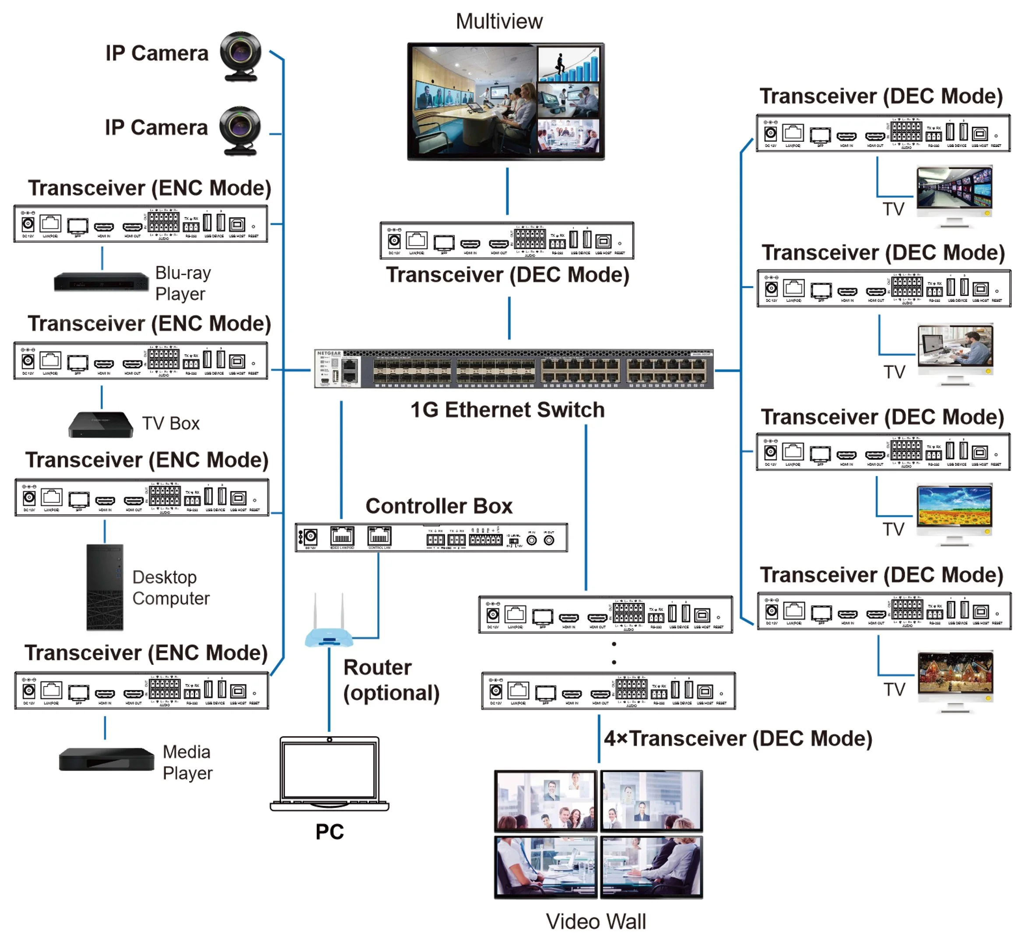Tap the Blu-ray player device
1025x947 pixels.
[x=101, y=282]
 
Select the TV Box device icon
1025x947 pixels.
[x=101, y=424]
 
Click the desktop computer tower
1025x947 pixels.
[x=105, y=587]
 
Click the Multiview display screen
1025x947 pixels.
[x=505, y=102]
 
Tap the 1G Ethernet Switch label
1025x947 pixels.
[x=507, y=410]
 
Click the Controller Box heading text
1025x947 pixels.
[x=439, y=506]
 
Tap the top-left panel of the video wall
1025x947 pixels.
[x=545, y=800]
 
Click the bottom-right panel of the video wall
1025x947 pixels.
[x=651, y=867]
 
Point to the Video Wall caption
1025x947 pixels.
[x=596, y=921]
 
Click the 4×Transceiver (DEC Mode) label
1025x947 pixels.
[x=738, y=738]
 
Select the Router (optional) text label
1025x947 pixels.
[x=390, y=680]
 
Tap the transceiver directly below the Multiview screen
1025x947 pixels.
[x=506, y=240]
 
